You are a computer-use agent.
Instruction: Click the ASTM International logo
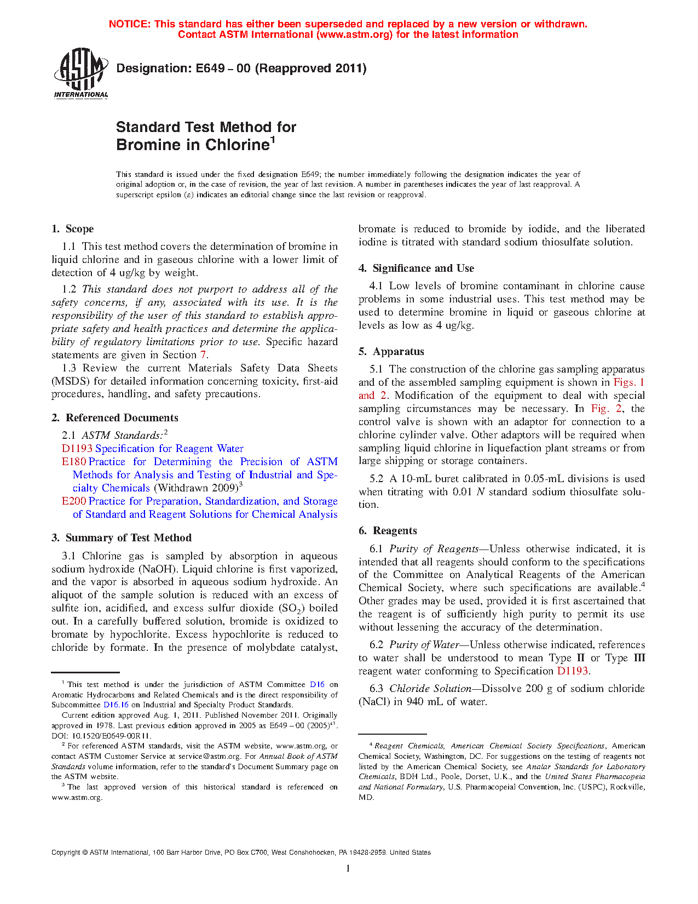81,73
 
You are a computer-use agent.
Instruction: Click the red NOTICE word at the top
130,24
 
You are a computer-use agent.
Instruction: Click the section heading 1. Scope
73,229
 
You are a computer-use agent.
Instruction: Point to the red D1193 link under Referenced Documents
77,449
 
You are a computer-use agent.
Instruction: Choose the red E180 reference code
74,462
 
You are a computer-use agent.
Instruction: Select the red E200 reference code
74,501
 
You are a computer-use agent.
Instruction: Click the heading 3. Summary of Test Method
122,538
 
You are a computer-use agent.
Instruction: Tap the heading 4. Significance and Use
417,268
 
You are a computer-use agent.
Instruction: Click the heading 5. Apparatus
391,352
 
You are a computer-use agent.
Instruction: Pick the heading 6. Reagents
388,531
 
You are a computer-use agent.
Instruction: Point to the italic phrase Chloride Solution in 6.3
430,689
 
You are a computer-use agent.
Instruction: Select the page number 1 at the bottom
348,868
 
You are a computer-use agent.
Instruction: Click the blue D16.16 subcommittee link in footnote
116,705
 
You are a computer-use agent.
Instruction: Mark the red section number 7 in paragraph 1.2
203,355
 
